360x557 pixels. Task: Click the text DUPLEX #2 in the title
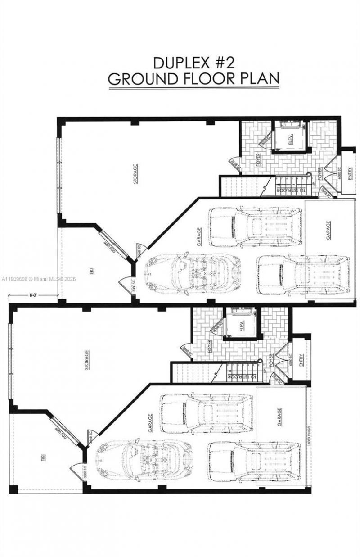click(193, 62)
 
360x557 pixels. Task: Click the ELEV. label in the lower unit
click(242, 324)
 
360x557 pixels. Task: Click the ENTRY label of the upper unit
click(350, 172)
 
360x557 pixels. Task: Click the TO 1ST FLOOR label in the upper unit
click(290, 191)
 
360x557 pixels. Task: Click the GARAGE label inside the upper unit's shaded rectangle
click(328, 230)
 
